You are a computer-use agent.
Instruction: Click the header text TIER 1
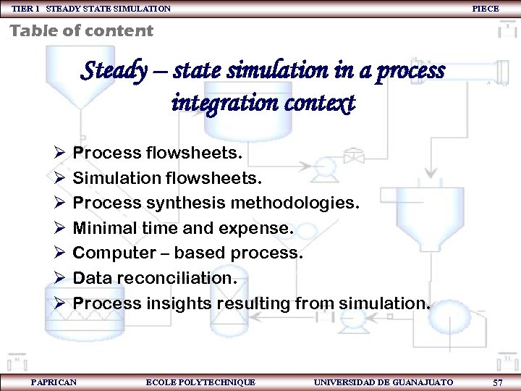pyautogui.click(x=25, y=9)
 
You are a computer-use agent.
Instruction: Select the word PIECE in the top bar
pyautogui.click(x=485, y=9)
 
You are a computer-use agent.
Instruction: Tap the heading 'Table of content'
pyautogui.click(x=81, y=30)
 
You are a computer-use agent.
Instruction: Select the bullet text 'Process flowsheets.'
pyautogui.click(x=158, y=154)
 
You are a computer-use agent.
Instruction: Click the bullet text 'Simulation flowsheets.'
pyautogui.click(x=167, y=178)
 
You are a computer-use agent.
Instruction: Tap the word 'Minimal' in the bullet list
pyautogui.click(x=106, y=228)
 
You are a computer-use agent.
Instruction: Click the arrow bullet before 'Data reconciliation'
pyautogui.click(x=59, y=278)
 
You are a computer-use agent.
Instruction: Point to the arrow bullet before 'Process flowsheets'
pyautogui.click(x=59, y=154)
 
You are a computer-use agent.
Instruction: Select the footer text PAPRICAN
pyautogui.click(x=54, y=382)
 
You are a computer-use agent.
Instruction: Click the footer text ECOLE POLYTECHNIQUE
pyautogui.click(x=200, y=382)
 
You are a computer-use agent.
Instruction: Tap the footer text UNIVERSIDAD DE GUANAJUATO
pyautogui.click(x=384, y=382)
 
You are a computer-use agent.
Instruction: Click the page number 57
pyautogui.click(x=497, y=382)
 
